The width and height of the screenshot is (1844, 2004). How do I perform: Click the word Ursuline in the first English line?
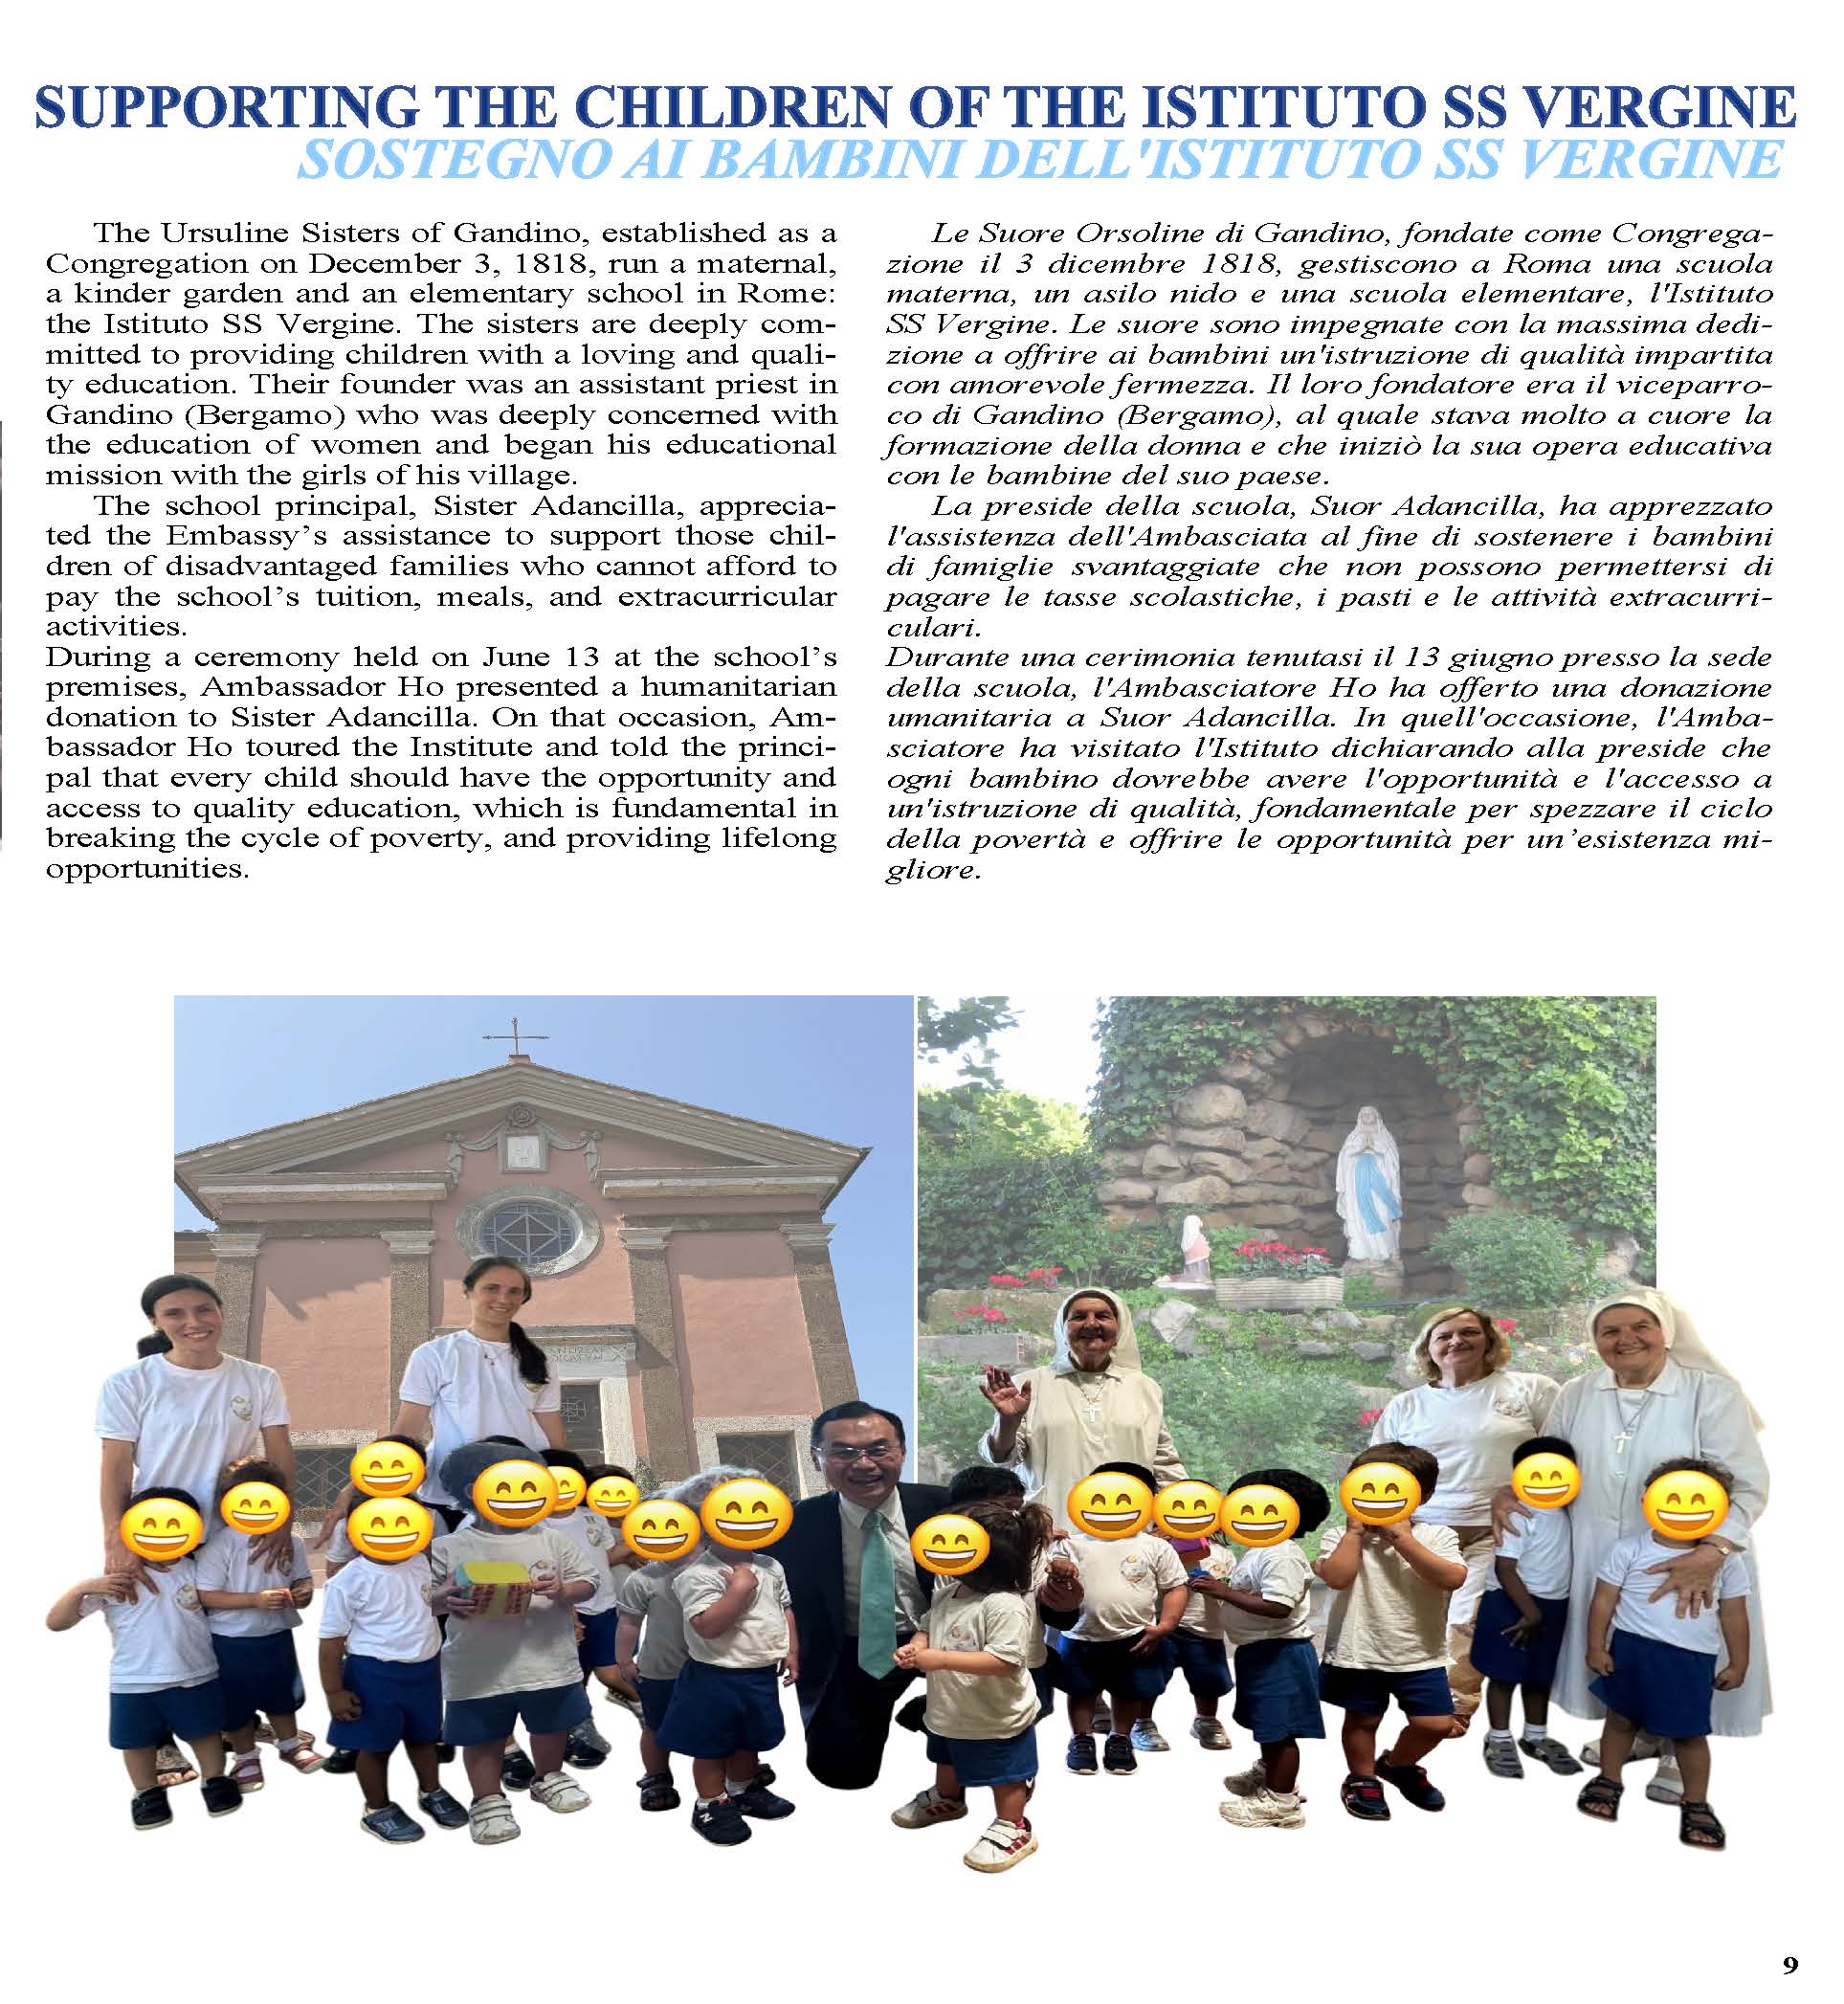(x=213, y=234)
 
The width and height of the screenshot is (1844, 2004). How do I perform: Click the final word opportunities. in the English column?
(x=146, y=868)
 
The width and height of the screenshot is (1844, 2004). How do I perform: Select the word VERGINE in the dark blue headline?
(x=1682, y=109)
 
